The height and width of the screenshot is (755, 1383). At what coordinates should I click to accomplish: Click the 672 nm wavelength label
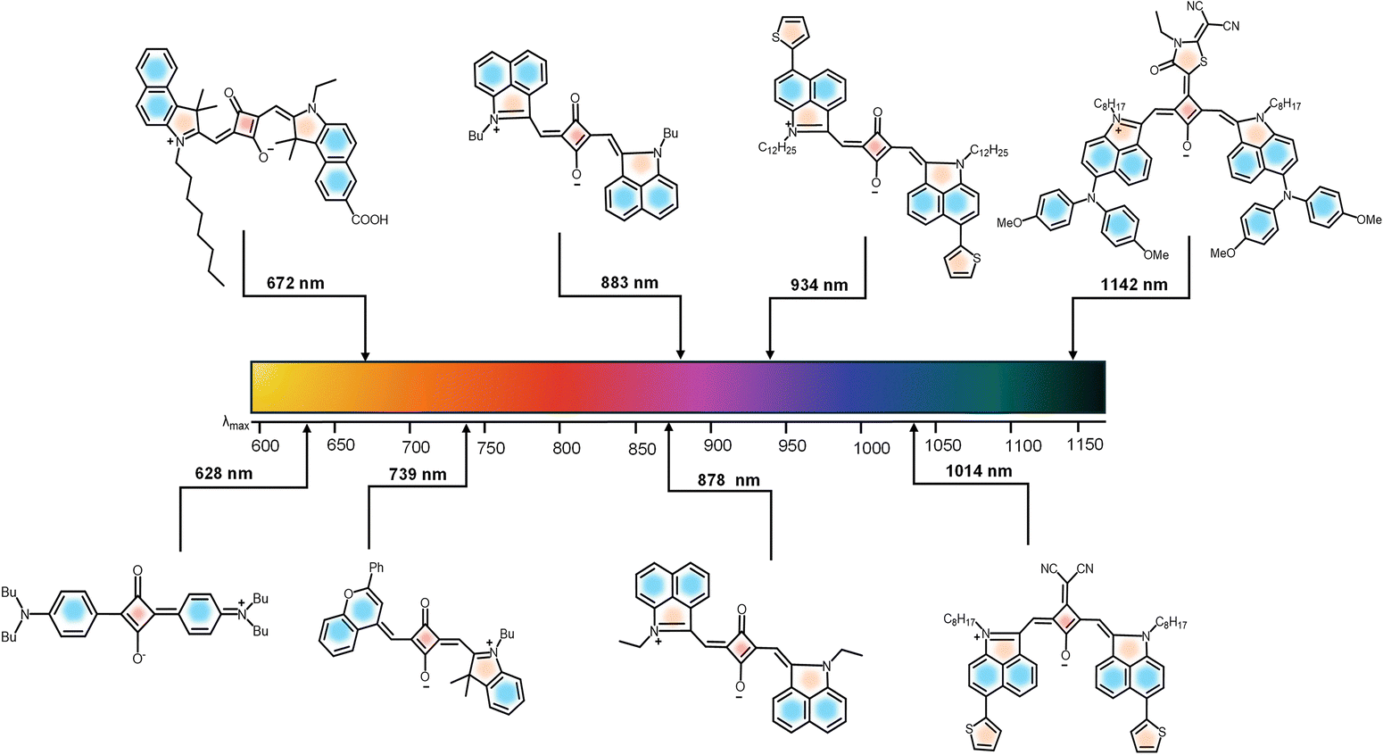click(295, 284)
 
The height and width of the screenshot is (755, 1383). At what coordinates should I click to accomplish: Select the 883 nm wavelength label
click(629, 283)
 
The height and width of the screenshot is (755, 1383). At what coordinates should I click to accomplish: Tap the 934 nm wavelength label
click(819, 286)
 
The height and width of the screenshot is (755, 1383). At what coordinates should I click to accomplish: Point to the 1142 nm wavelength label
click(1133, 285)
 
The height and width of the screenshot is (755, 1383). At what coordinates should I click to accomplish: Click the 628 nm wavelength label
click(224, 473)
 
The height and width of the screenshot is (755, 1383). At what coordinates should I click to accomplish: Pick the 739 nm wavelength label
click(418, 474)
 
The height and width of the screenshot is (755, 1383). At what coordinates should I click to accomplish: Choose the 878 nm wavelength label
click(729, 480)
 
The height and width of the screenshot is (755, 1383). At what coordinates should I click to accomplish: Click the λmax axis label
click(236, 423)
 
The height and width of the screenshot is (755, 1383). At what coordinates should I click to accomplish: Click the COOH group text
click(367, 220)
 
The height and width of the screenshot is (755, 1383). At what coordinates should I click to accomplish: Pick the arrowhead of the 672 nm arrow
click(365, 356)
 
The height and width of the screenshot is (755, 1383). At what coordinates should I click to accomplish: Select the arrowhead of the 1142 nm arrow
click(1072, 356)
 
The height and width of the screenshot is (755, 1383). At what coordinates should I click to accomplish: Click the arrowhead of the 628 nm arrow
click(307, 428)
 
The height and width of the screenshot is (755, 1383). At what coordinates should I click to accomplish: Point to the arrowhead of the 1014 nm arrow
click(914, 428)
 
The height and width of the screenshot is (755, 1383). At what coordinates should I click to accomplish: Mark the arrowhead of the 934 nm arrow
click(770, 356)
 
